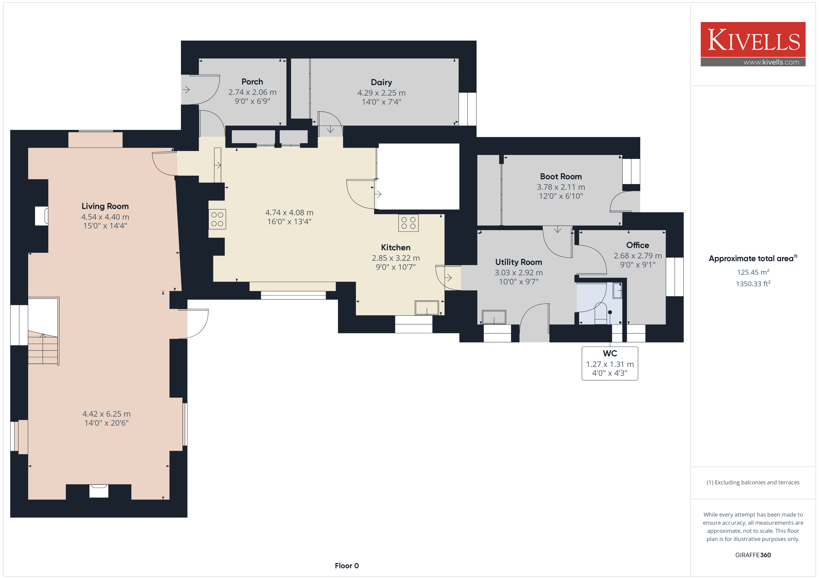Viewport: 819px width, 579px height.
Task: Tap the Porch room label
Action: pyautogui.click(x=252, y=82)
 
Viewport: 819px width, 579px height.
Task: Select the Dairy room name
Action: pyautogui.click(x=381, y=82)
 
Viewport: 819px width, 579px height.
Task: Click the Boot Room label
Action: pyautogui.click(x=561, y=177)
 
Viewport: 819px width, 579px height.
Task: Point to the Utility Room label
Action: pyautogui.click(x=518, y=262)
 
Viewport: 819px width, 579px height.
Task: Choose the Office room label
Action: pyautogui.click(x=637, y=245)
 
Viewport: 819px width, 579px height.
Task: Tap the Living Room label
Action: pyautogui.click(x=105, y=206)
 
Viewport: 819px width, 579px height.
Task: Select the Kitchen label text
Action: pyautogui.click(x=396, y=248)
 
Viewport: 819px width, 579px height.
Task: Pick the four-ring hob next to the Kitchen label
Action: pyautogui.click(x=408, y=223)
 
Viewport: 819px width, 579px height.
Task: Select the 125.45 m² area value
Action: pyautogui.click(x=753, y=272)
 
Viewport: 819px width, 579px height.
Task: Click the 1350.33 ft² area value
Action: pyautogui.click(x=753, y=284)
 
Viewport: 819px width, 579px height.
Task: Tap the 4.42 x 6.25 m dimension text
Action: pyautogui.click(x=106, y=414)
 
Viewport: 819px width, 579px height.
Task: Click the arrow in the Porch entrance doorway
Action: pyautogui.click(x=186, y=90)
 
